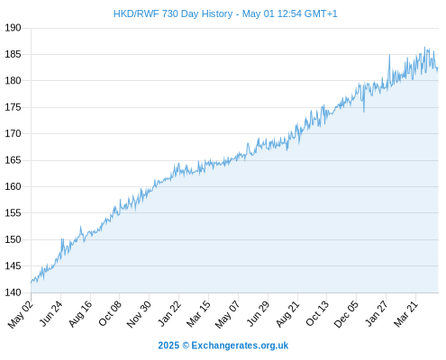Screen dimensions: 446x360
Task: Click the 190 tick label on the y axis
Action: click(x=13, y=28)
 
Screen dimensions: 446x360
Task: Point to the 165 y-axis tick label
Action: click(x=13, y=160)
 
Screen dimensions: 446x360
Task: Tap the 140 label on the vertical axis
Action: click(x=13, y=292)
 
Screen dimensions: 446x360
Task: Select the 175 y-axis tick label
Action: click(x=13, y=107)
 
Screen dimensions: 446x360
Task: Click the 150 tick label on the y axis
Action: click(x=13, y=239)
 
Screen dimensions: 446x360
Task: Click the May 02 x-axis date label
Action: click(x=20, y=314)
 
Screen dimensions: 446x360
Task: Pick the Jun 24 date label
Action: click(x=51, y=313)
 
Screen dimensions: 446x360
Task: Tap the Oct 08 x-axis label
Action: click(x=110, y=313)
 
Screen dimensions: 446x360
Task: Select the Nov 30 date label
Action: click(x=139, y=314)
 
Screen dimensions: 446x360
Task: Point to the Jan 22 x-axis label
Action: click(x=169, y=313)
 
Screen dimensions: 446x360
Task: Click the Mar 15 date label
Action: click(x=198, y=314)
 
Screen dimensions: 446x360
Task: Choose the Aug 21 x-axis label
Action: click(x=287, y=314)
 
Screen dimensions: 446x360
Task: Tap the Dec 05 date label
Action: click(x=346, y=314)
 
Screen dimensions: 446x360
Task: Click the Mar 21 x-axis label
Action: click(x=405, y=314)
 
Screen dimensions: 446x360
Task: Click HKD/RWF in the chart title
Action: click(x=136, y=13)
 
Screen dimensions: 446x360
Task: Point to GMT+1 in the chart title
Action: click(x=321, y=13)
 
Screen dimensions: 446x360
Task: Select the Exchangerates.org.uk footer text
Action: click(x=240, y=346)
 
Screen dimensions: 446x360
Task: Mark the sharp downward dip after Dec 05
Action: click(x=364, y=112)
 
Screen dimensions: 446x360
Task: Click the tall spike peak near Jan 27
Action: click(x=389, y=55)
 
